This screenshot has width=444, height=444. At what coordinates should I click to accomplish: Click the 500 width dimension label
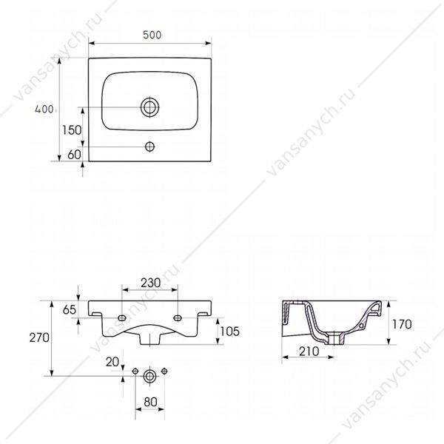[x=152, y=35]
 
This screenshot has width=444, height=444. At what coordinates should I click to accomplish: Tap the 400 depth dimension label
[x=44, y=109]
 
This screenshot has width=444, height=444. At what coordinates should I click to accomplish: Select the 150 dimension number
[x=72, y=130]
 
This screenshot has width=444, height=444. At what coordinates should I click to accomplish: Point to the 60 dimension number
[x=74, y=155]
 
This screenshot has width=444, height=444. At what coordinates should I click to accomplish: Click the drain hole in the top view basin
[x=149, y=107]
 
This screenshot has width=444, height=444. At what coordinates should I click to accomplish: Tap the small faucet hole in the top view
[x=149, y=147]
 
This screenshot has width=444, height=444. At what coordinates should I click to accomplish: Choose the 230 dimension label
[x=151, y=283]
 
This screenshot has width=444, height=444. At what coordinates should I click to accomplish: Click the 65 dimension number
[x=70, y=310]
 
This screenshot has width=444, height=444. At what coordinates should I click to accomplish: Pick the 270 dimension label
[x=39, y=337]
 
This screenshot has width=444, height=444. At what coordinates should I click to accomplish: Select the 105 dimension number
[x=229, y=332]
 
